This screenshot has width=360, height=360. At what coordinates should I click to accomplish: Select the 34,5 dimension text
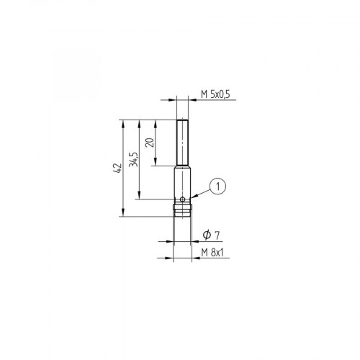pos(133,160)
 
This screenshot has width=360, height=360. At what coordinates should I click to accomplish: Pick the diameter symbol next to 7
pos(207,235)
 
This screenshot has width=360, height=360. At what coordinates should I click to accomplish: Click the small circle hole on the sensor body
pos(184,199)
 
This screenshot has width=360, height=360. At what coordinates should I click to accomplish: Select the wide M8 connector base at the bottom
pos(183,210)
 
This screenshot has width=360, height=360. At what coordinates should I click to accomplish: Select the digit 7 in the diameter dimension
pos(218,235)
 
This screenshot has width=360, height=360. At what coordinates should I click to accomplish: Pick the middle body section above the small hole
pos(183,184)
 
